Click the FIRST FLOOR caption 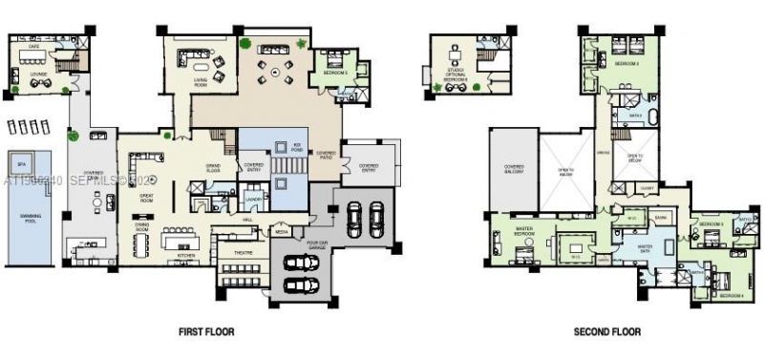point(207,331)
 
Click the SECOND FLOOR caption point(606,331)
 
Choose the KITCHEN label point(187,255)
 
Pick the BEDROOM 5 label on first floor point(335,73)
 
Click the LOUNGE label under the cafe point(39,72)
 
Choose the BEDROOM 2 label point(626,63)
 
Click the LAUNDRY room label point(252,199)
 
